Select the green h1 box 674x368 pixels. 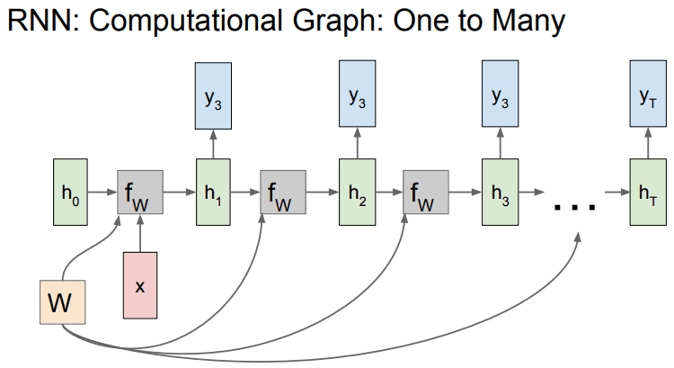click(x=213, y=191)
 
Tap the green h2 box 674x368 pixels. click(x=357, y=191)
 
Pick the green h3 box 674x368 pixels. click(x=500, y=191)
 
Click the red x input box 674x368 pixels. click(x=140, y=285)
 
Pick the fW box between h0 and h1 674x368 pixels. click(x=140, y=191)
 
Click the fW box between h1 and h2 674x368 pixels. click(x=283, y=191)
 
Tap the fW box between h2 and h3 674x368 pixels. click(x=427, y=191)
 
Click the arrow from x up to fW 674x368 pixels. click(x=141, y=233)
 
